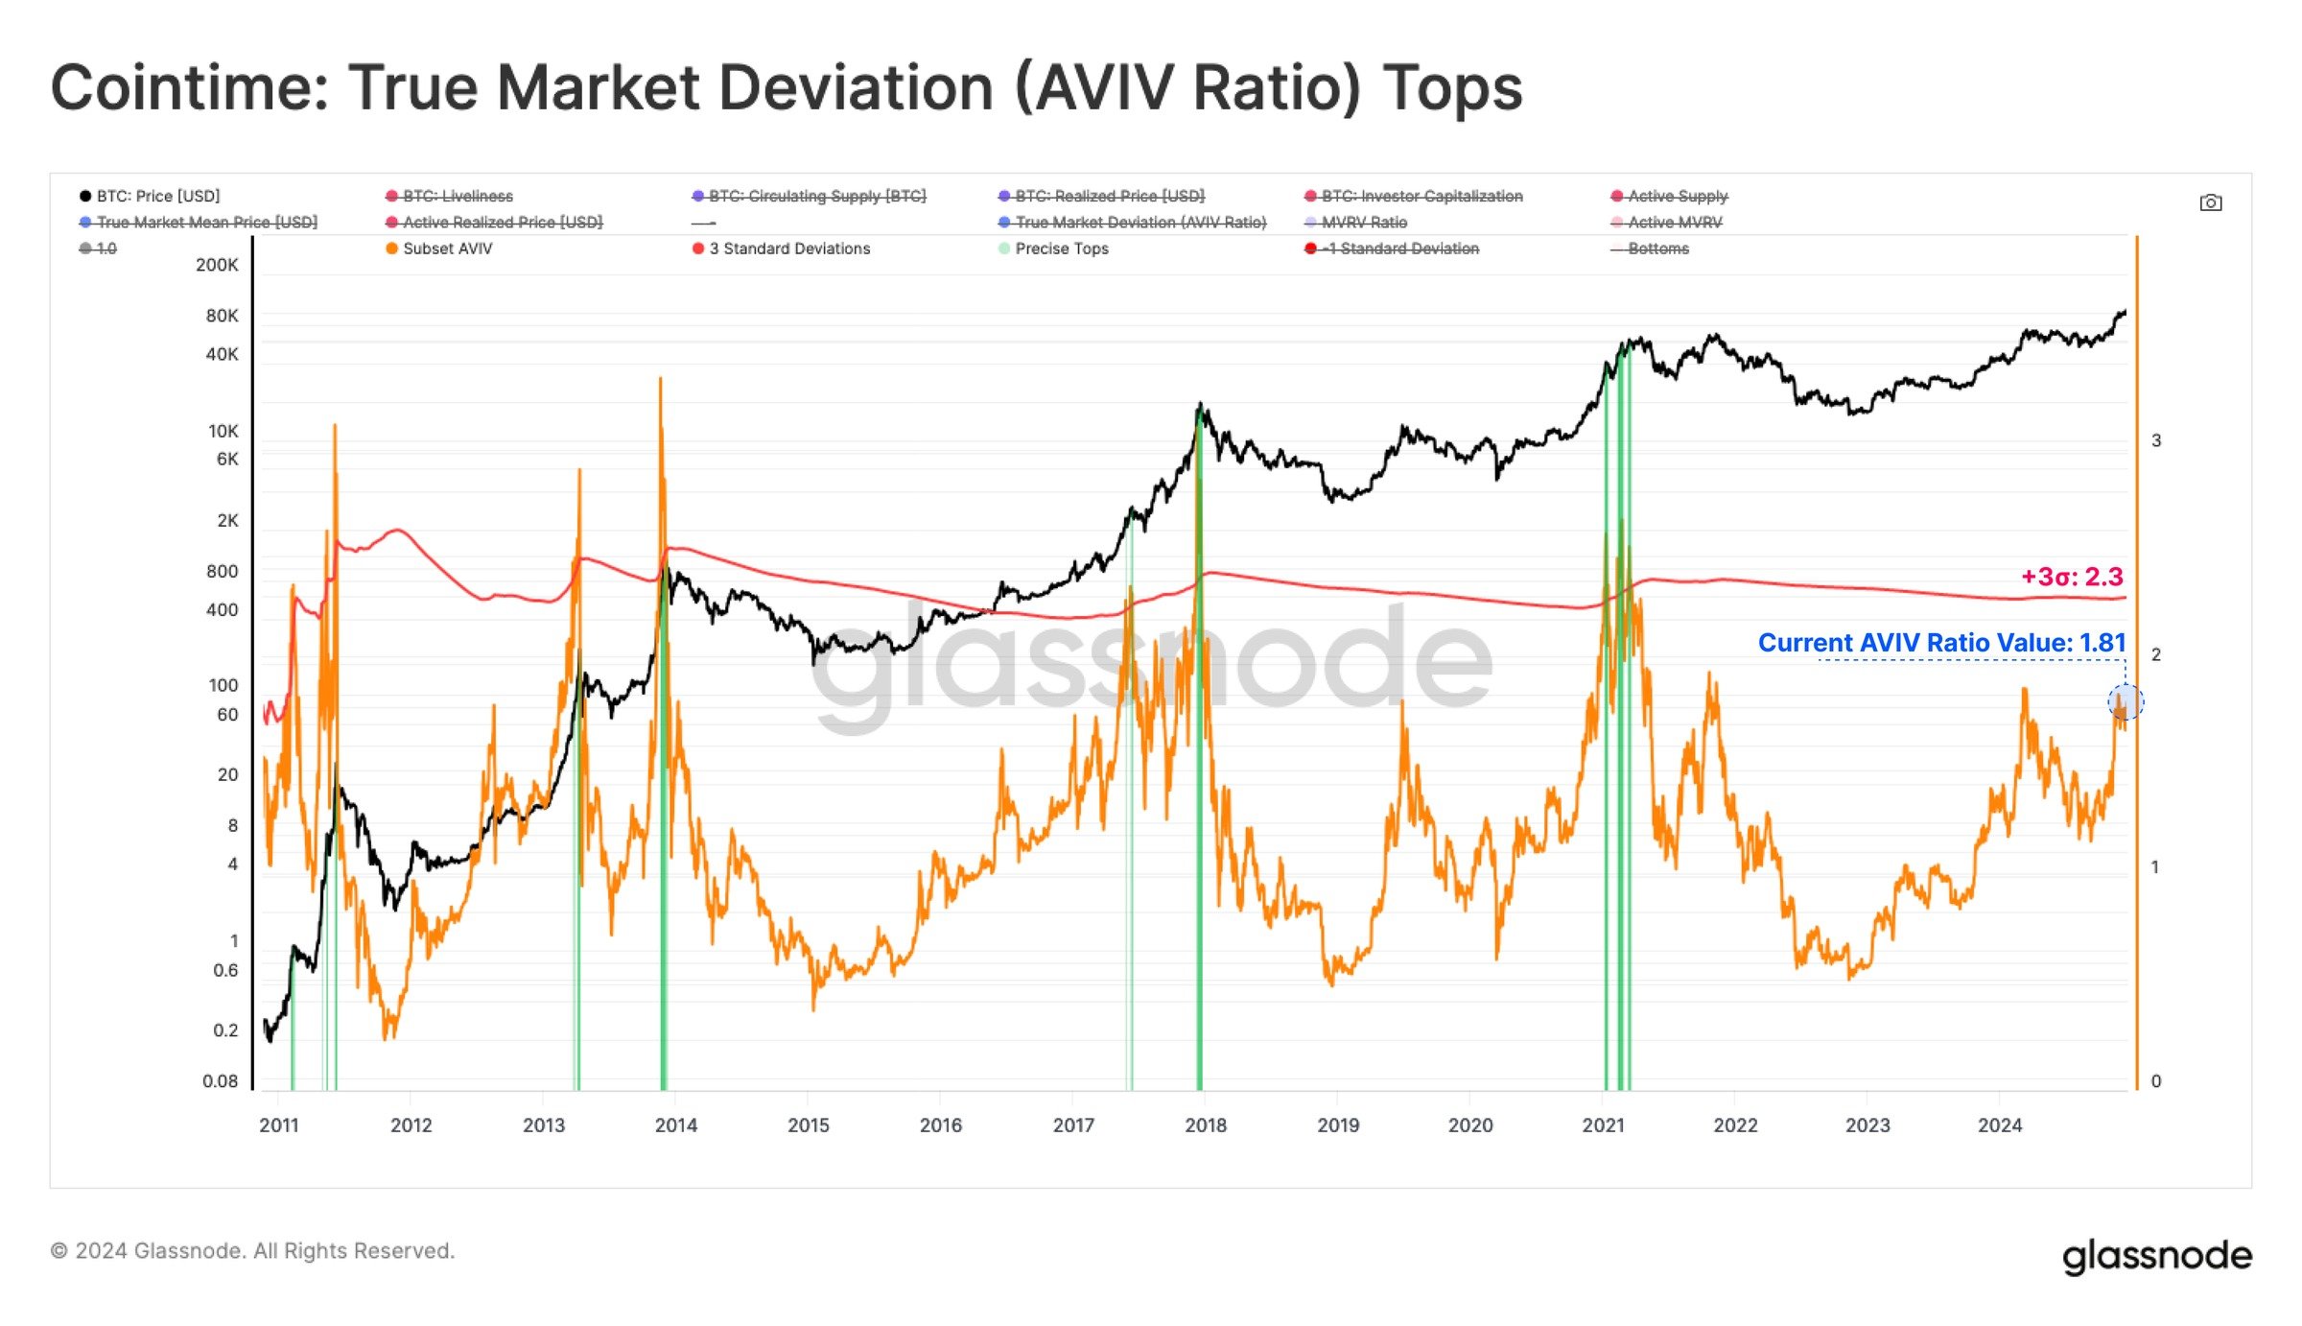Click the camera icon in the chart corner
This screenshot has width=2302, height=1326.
2210,202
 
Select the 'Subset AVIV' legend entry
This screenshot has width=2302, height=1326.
447,249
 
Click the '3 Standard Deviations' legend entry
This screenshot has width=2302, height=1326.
789,249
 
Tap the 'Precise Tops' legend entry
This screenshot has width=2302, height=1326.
1061,249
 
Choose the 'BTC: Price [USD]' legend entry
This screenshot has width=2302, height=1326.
158,196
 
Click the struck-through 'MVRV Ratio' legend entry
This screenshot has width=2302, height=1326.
1363,223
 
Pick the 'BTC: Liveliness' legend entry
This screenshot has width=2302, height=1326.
458,196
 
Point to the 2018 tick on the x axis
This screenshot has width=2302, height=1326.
1206,1125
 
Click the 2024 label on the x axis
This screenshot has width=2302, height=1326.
2000,1125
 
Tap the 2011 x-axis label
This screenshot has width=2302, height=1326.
279,1125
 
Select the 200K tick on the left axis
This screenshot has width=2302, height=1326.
217,265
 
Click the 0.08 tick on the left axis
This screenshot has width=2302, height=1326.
220,1080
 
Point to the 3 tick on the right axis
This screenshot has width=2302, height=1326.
2156,440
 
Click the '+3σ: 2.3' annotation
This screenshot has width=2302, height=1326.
2072,577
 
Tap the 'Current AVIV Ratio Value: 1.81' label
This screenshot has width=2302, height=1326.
1941,642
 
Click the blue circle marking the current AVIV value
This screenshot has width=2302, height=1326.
2126,702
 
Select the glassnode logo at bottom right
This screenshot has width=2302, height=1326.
2156,1255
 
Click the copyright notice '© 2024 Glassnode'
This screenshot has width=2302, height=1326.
252,1250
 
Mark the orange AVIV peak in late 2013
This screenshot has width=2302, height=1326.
660,381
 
